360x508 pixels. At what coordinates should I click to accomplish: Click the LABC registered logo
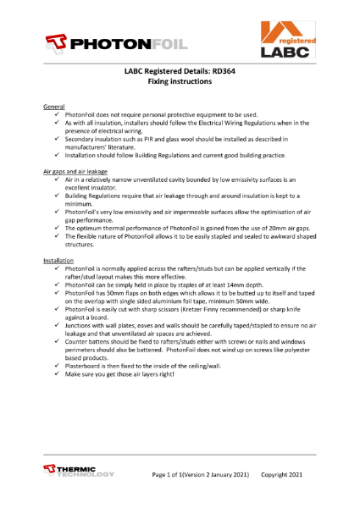pyautogui.click(x=290, y=41)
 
